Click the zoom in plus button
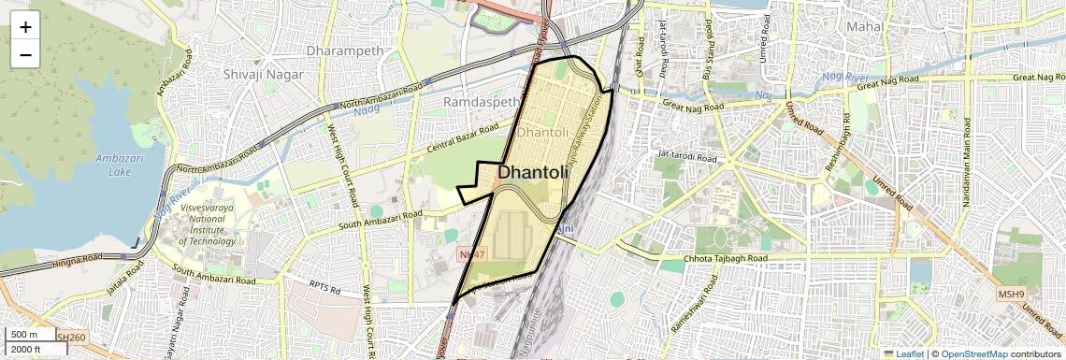tap(25, 26)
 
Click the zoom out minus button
tap(25, 54)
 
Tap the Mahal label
tap(864, 27)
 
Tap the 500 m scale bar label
tap(23, 335)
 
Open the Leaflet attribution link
tap(903, 354)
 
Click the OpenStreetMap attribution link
tap(974, 354)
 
